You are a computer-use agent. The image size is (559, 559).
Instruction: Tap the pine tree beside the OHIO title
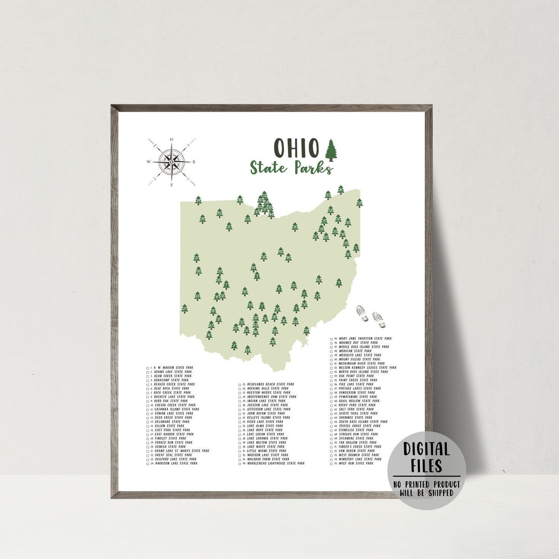(330, 150)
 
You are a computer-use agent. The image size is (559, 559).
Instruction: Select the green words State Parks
(291, 168)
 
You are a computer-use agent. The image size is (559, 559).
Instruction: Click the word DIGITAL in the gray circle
(426, 448)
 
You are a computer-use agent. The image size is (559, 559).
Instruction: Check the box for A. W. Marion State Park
(148, 367)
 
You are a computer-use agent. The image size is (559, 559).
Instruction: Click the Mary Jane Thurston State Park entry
(365, 339)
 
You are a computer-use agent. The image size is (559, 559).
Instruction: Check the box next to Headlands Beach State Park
(240, 385)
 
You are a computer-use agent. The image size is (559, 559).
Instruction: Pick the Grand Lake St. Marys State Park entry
(181, 451)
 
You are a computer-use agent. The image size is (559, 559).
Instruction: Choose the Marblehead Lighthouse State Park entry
(275, 463)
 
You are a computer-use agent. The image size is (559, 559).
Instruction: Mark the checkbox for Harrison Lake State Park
(148, 463)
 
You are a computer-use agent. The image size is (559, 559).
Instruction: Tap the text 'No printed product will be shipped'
(426, 488)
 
